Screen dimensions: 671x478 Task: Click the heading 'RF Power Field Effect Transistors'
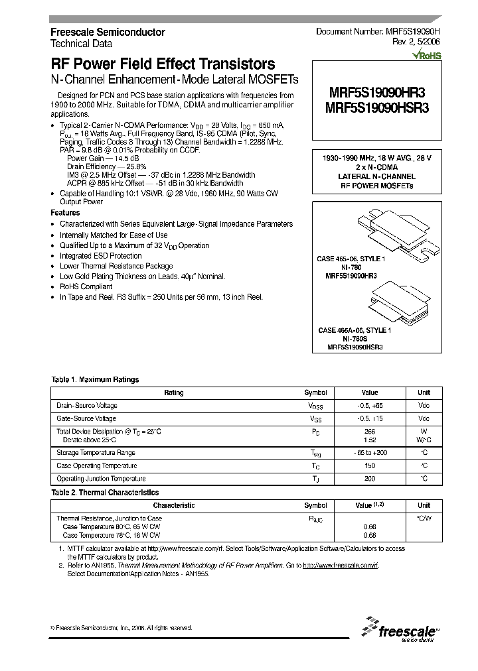pos(163,64)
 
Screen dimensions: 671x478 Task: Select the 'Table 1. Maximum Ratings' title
pos(95,380)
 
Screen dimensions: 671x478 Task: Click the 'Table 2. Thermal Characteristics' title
pos(105,493)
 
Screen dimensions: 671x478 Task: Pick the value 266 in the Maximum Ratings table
pos(370,432)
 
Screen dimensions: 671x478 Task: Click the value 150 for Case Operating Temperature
pos(370,465)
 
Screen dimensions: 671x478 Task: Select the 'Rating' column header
pos(173,393)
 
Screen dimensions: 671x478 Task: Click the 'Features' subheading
pos(65,213)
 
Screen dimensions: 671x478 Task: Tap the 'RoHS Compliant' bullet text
pos(86,286)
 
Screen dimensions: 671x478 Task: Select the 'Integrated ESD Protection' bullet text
pos(101,256)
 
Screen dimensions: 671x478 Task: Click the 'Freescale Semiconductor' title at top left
pos(108,32)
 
